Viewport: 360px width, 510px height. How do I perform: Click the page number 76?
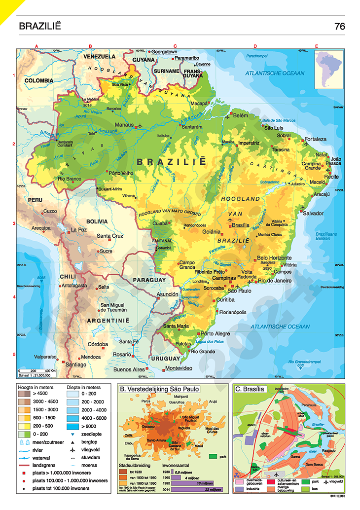tap(339, 26)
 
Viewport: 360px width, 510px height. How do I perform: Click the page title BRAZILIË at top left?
tap(39, 26)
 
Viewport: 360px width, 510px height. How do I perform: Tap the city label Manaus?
tap(125, 125)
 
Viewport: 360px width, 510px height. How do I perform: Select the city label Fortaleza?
tap(315, 139)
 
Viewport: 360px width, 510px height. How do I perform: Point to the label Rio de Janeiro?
tap(276, 281)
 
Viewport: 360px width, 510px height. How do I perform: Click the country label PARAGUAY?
tap(148, 280)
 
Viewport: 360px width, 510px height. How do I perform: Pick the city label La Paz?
tap(78, 230)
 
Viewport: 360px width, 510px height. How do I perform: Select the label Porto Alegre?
tap(215, 333)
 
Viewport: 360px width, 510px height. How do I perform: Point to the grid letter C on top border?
tap(175, 46)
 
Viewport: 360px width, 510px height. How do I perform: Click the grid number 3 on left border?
tap(14, 223)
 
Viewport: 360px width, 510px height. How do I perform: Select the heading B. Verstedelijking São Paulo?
tap(159, 389)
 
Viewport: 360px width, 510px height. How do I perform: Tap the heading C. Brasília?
tap(251, 389)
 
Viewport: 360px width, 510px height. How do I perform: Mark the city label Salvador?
tap(314, 214)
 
